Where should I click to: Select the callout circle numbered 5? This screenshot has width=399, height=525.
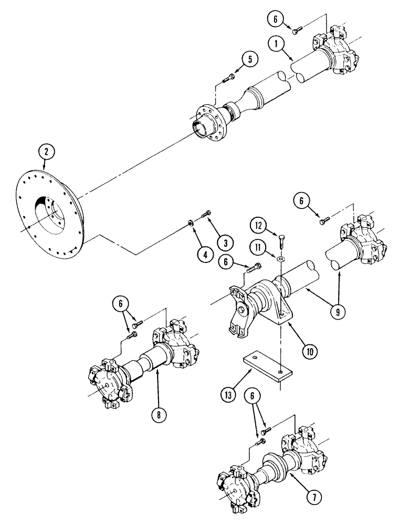coord(250,59)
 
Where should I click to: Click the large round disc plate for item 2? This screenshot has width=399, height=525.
coord(50,210)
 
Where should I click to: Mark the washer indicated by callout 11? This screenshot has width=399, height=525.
coord(281,259)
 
